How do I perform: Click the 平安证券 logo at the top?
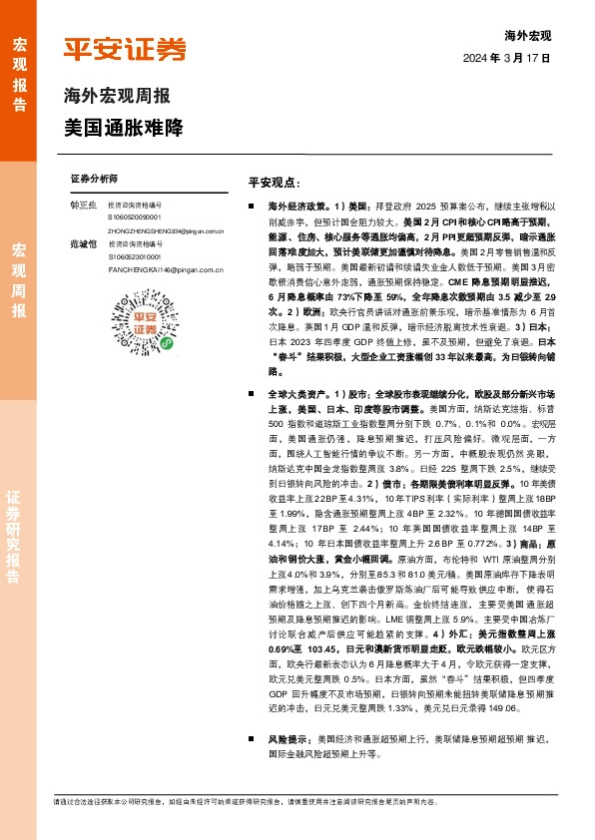point(125,49)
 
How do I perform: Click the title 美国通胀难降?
point(123,128)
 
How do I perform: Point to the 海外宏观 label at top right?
point(528,35)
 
